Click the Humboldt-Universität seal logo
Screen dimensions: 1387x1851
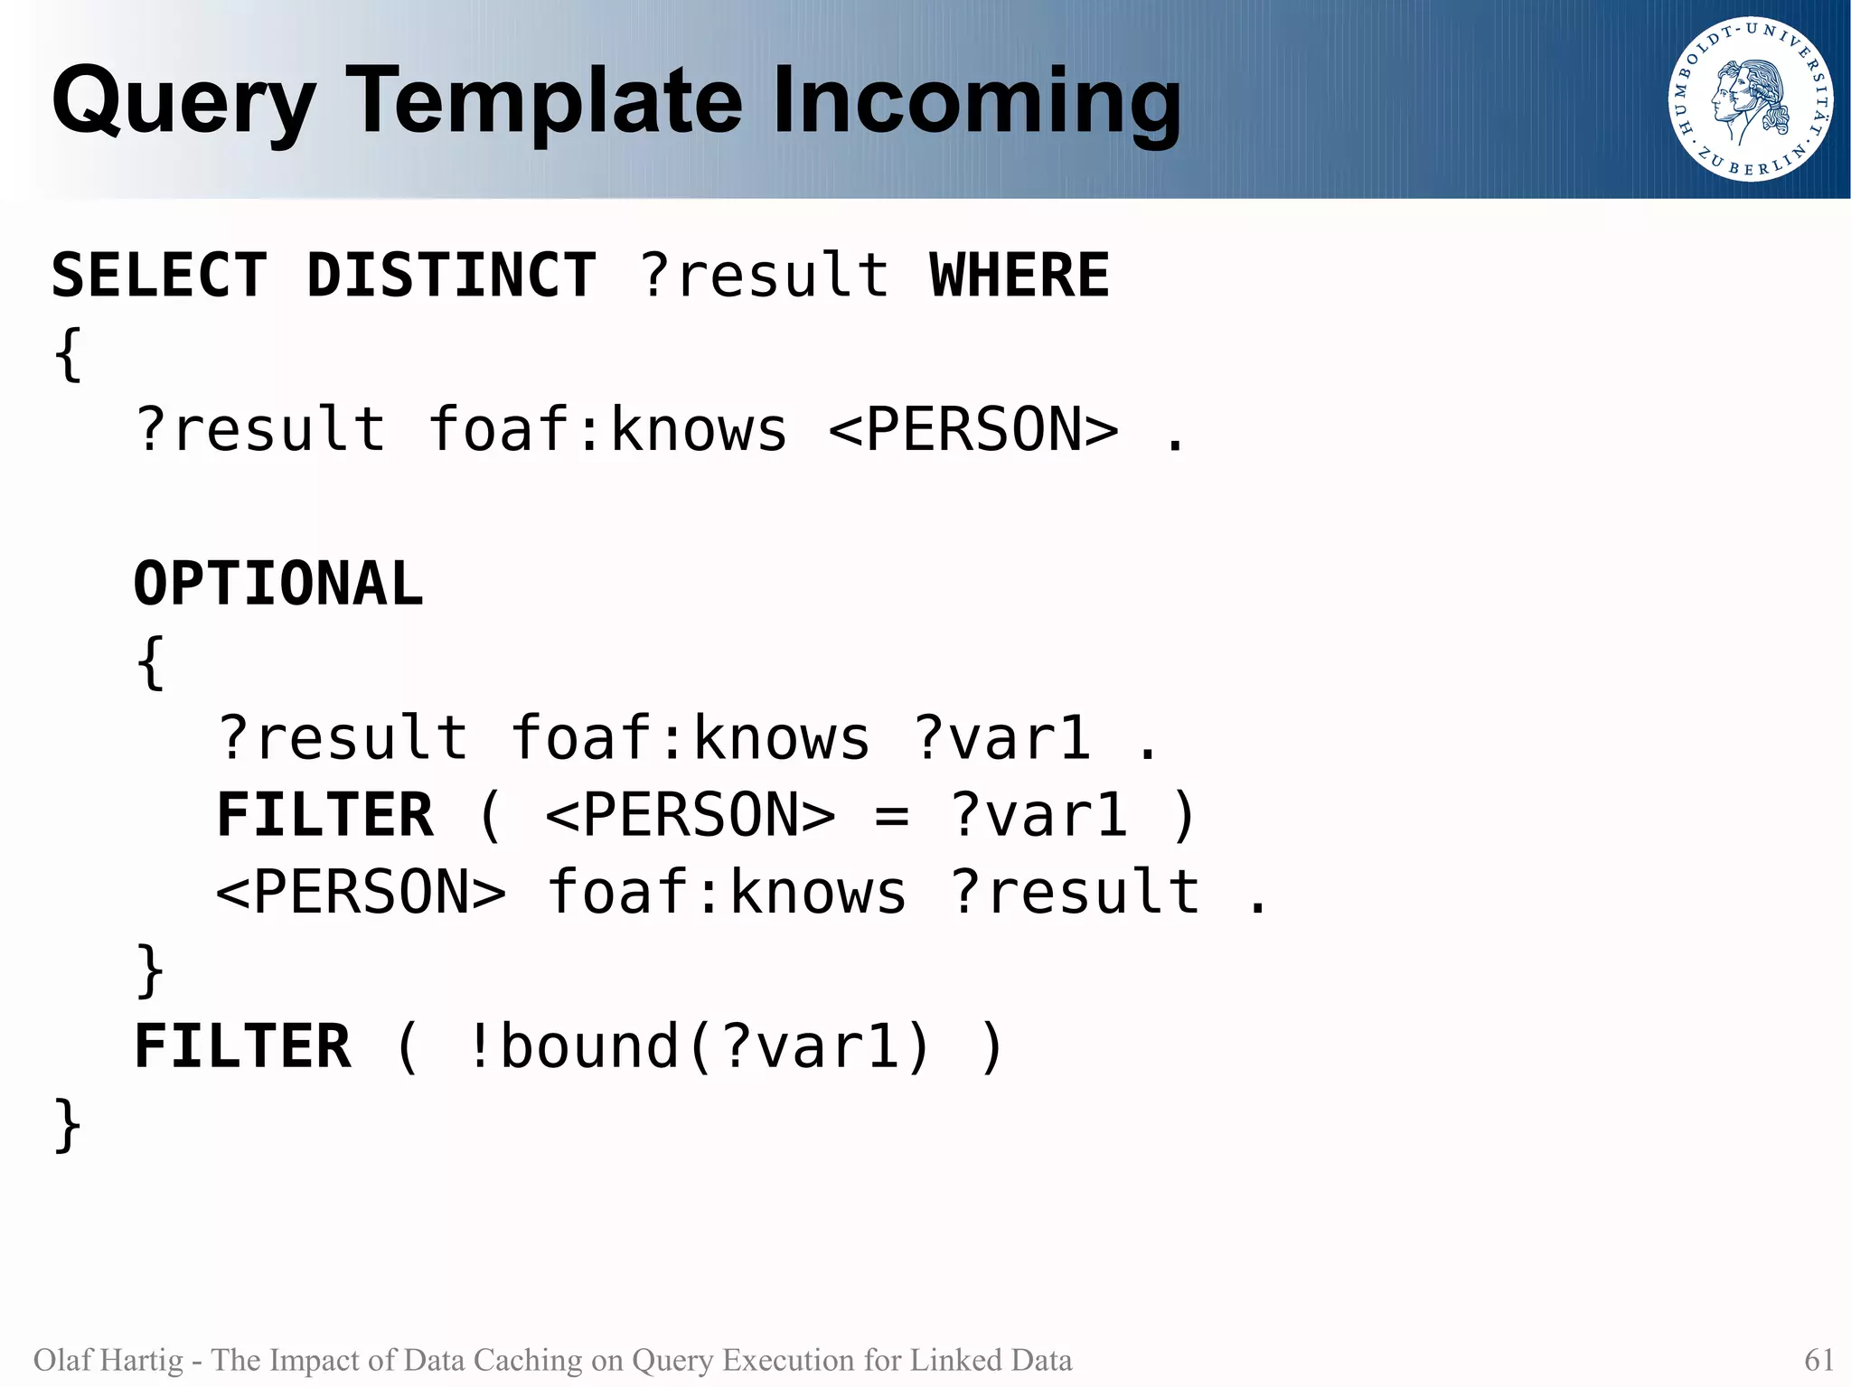[x=1751, y=99]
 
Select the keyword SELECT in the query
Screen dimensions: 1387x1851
[x=159, y=276]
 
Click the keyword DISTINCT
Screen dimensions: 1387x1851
[x=451, y=276]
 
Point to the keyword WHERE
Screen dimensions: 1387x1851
[x=1019, y=276]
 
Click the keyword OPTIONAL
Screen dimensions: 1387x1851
[x=278, y=584]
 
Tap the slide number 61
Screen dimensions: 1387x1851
[x=1818, y=1360]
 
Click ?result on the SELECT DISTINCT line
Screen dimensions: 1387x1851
[x=765, y=276]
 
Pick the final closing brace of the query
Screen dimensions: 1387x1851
[x=68, y=1126]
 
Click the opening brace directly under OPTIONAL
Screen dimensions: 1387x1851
[x=151, y=662]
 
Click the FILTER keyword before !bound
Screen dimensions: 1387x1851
[x=242, y=1047]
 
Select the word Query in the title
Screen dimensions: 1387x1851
[x=183, y=101]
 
